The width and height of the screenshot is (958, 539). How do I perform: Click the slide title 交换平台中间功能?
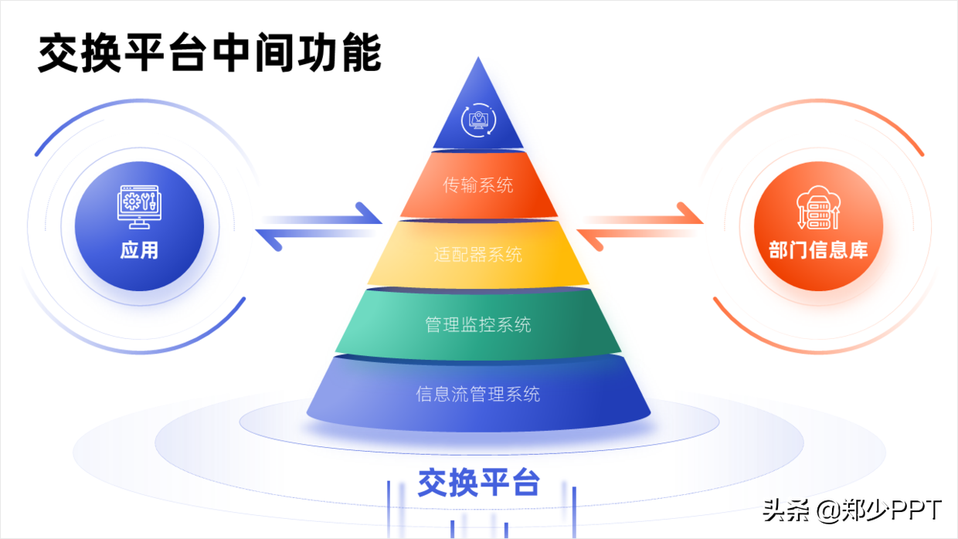click(x=209, y=53)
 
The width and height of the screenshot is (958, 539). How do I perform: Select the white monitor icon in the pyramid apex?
click(x=478, y=120)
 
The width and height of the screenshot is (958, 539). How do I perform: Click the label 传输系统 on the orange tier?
click(x=477, y=185)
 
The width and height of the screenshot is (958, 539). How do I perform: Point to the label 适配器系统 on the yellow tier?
click(x=477, y=255)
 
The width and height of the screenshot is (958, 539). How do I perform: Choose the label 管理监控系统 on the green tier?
click(x=477, y=325)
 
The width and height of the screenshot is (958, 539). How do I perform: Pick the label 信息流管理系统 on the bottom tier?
click(x=477, y=394)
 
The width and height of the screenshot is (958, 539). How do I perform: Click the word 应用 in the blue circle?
click(x=139, y=250)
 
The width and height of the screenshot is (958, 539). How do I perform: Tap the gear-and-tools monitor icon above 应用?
click(x=139, y=207)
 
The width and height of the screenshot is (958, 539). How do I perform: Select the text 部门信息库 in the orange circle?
click(x=818, y=250)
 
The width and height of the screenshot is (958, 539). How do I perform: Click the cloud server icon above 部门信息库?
click(x=818, y=207)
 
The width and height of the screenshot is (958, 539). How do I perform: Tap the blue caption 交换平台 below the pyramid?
click(x=478, y=483)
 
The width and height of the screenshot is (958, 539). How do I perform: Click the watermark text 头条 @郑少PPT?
click(x=852, y=510)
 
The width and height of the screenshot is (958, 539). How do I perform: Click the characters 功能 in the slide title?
click(x=339, y=53)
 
